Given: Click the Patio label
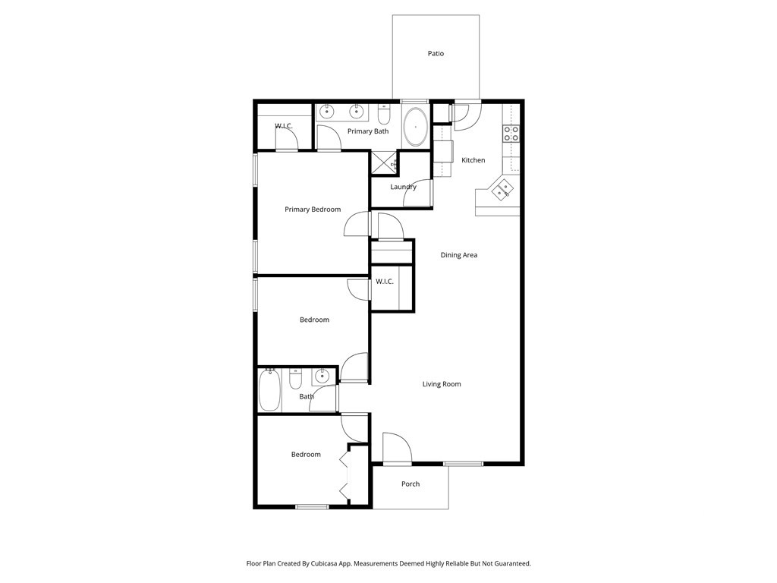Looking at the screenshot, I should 436,54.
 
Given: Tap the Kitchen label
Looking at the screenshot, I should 473,160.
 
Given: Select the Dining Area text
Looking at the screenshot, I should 459,255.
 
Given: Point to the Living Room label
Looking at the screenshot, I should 442,384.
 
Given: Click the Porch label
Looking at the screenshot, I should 411,484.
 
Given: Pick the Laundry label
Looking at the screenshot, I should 403,187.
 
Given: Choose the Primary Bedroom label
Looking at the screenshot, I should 313,210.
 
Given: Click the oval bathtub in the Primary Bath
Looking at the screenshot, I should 415,127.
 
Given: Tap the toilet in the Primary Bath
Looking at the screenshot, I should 384,115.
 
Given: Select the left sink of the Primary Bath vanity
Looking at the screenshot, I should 327,112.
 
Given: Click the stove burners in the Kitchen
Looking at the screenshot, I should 511,134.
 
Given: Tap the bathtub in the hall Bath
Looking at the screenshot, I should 269,389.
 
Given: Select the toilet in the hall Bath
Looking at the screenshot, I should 296,378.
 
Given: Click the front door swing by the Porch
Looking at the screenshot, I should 395,448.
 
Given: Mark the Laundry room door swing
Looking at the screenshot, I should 418,194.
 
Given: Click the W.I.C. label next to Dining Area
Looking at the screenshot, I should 385,282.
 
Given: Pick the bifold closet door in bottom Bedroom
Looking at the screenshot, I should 346,474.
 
